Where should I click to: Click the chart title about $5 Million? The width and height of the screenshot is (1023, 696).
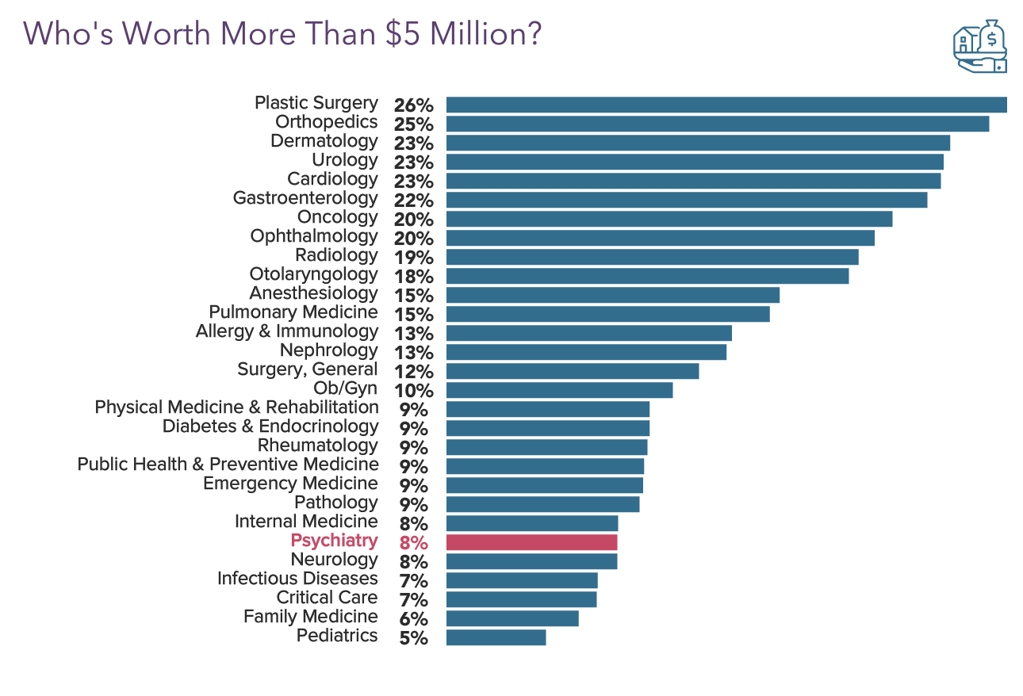(x=282, y=34)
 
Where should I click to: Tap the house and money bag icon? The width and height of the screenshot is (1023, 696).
(x=979, y=47)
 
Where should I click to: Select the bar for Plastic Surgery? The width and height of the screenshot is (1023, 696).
(x=726, y=105)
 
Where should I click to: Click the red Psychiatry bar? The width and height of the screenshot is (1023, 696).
(x=531, y=542)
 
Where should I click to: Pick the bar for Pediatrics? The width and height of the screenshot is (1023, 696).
(x=496, y=637)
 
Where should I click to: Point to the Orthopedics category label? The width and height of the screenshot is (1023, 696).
(x=326, y=122)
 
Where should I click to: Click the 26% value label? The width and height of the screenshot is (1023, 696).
(x=414, y=105)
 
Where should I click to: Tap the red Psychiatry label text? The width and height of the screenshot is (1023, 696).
(x=334, y=541)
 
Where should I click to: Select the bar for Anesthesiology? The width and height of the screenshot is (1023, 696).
(x=612, y=295)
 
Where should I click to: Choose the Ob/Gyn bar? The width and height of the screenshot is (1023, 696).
(x=559, y=390)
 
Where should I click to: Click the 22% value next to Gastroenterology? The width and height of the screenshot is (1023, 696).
(x=414, y=201)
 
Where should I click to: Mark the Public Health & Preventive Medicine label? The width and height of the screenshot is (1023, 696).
(x=228, y=465)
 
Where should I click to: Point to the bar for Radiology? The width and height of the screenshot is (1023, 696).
(x=652, y=257)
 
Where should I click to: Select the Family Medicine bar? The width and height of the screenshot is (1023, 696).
(x=512, y=618)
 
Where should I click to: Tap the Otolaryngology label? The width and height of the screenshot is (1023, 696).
(x=313, y=274)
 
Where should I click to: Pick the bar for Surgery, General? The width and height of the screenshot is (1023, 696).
(x=572, y=371)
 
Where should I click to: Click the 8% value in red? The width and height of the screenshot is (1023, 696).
(x=414, y=543)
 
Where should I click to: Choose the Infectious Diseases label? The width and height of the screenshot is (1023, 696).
(x=297, y=579)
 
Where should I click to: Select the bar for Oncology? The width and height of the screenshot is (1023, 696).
(x=669, y=219)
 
